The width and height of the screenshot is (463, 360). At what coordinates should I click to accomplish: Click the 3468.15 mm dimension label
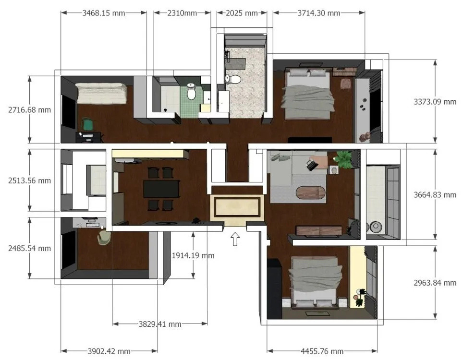coord(104,13)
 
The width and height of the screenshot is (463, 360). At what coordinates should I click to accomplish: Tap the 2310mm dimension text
coord(182,13)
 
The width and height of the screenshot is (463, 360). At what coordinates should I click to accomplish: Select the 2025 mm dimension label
coord(242,13)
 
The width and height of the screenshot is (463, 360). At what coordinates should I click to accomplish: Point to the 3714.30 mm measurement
coord(319,13)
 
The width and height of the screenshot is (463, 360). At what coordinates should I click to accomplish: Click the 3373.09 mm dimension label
coord(435,102)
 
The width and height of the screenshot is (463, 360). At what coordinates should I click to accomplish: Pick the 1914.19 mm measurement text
coord(193,255)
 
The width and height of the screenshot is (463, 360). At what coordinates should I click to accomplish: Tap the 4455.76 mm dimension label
coord(322,351)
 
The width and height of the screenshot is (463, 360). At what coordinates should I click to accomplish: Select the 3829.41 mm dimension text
coord(160,324)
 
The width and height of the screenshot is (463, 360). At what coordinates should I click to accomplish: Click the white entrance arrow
coord(235,239)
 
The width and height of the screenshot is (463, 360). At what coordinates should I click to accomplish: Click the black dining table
coord(161,189)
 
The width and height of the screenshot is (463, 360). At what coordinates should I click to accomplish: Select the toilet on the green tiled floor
coord(191,91)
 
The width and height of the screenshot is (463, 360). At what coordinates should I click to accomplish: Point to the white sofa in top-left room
coord(101,93)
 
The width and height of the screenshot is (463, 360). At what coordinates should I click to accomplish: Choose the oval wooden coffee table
coord(311,192)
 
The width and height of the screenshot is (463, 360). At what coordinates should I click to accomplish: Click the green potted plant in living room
coord(344,159)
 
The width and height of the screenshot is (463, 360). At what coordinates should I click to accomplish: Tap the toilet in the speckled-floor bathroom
coord(233,79)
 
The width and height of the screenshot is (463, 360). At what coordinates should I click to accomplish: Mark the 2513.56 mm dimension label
coord(29,180)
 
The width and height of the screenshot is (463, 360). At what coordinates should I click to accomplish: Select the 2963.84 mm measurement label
coord(435,283)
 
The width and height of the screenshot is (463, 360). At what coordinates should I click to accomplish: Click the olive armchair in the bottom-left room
coord(104,238)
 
